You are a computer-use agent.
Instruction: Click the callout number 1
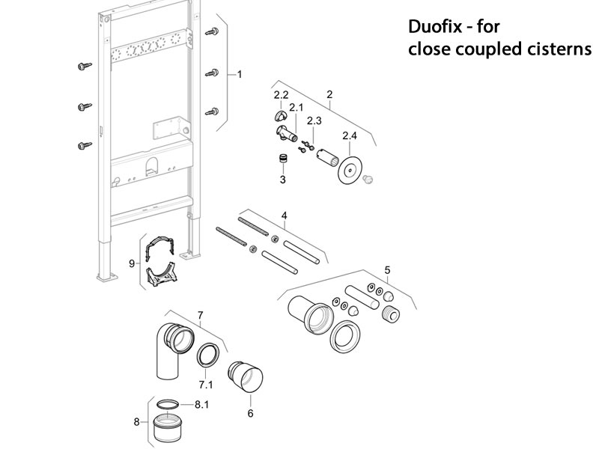(240, 74)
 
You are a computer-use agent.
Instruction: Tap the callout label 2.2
(282, 95)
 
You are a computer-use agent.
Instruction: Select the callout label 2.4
(350, 136)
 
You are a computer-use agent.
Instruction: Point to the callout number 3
(283, 180)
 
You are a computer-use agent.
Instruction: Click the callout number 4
(283, 216)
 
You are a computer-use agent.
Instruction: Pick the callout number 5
(387, 269)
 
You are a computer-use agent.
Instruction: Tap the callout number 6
(250, 412)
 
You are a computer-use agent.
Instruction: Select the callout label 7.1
(205, 385)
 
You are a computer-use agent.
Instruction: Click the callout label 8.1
(201, 404)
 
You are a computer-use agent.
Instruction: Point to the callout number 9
(132, 263)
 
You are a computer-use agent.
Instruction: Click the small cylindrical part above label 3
(283, 159)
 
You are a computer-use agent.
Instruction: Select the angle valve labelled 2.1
(285, 135)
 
